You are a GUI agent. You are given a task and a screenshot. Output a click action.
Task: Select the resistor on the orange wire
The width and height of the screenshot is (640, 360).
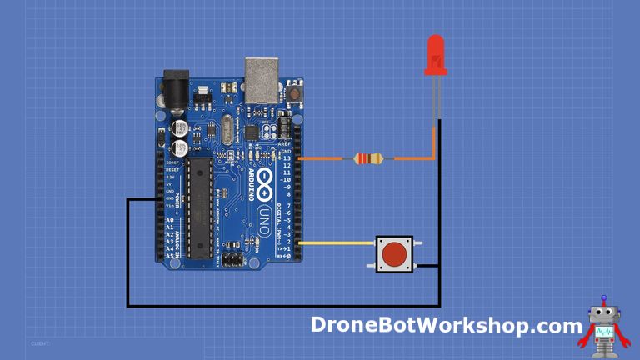[368, 158]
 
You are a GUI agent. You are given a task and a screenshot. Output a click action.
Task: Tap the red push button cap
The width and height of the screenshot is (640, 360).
[393, 252]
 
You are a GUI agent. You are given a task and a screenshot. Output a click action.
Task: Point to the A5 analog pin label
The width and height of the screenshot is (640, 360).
[169, 255]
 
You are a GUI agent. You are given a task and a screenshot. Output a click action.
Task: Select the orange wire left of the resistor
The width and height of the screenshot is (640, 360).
[325, 158]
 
